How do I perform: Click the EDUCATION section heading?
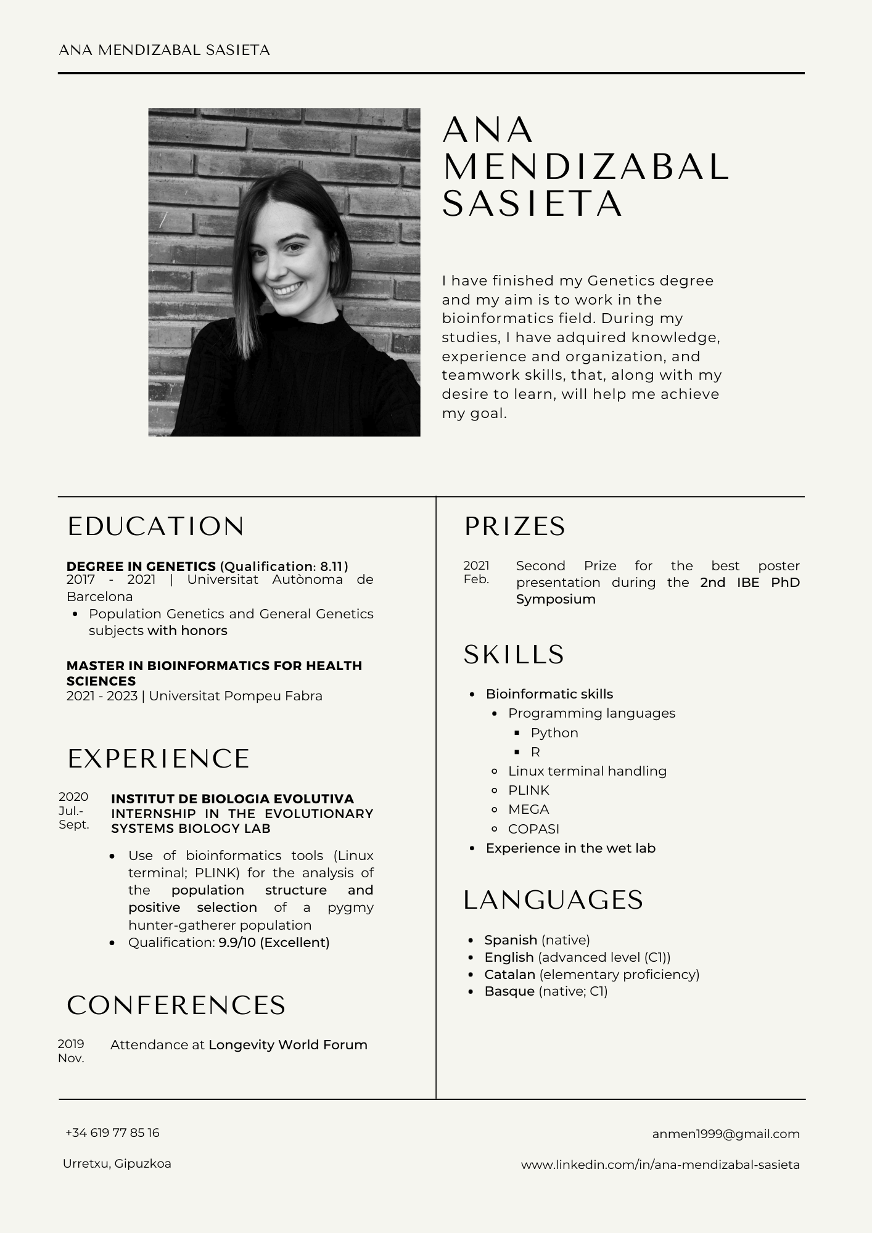pos(155,526)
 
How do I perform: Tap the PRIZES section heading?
pos(514,526)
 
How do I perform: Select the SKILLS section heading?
pos(514,655)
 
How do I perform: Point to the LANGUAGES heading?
pos(553,900)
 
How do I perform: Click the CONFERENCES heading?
pos(176,1006)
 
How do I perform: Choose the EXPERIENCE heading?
pos(158,759)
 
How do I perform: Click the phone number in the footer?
pos(112,1133)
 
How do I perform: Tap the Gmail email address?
pos(725,1134)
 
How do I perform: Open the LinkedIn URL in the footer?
pos(660,1165)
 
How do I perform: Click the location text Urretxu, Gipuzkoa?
pos(117,1164)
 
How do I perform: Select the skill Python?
pos(554,733)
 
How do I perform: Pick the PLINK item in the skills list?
pos(529,790)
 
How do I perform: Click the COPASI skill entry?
pos(533,829)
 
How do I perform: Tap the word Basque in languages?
pos(509,991)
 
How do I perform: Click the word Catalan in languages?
pos(509,975)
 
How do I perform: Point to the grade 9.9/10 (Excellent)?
pos(274,943)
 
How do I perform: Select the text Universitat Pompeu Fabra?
pos(236,696)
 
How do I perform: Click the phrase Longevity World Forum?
pos(287,1045)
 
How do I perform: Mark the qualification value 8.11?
pos(332,567)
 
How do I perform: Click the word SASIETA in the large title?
pos(533,204)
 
